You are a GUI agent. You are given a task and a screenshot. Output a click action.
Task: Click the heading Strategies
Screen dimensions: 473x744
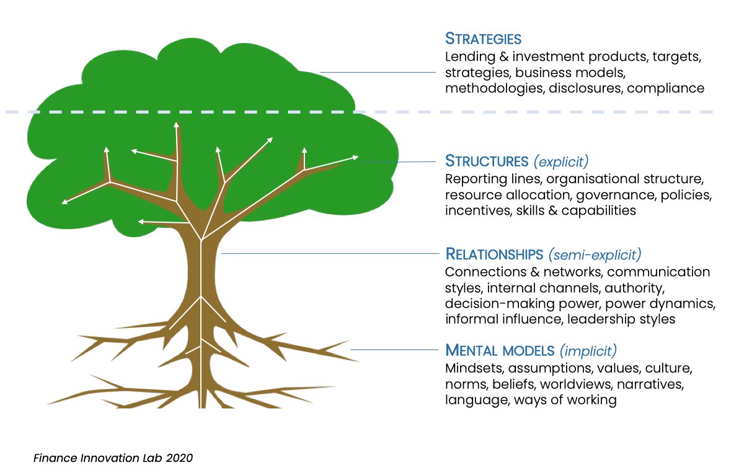pyautogui.click(x=483, y=38)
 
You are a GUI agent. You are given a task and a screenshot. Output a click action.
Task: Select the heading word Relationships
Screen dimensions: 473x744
pyautogui.click(x=494, y=255)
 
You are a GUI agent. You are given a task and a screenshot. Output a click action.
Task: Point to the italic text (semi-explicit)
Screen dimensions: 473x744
pyautogui.click(x=595, y=255)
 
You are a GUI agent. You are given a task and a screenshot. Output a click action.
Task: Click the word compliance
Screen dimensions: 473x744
pyautogui.click(x=666, y=88)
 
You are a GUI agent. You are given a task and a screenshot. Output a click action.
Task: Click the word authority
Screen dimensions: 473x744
pyautogui.click(x=634, y=289)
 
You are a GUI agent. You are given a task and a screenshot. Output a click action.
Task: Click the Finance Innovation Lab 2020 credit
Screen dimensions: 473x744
pyautogui.click(x=113, y=458)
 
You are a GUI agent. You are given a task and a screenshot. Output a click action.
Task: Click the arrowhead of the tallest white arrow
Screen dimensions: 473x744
pyautogui.click(x=176, y=124)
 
